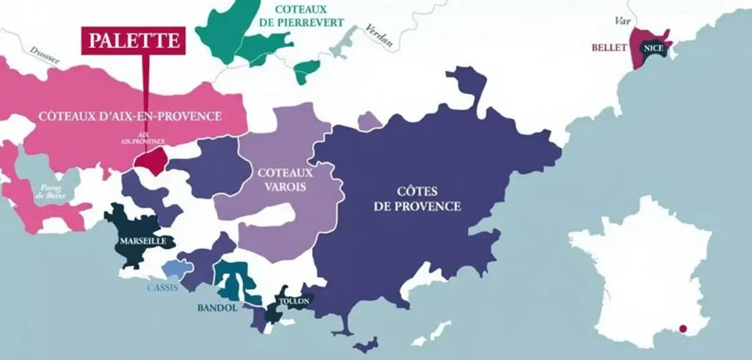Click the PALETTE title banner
pyautogui.click(x=132, y=40)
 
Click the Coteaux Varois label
pyautogui.click(x=285, y=179)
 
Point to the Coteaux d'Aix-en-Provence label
pyautogui.click(x=130, y=116)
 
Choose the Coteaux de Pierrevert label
pyautogui.click(x=308, y=16)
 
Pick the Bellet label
pyautogui.click(x=608, y=48)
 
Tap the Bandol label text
pyautogui.click(x=217, y=308)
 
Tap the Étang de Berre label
pyautogui.click(x=51, y=192)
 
